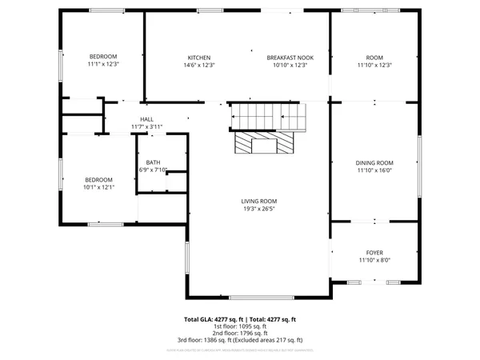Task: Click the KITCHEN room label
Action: (x=199, y=58)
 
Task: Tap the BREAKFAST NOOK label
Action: (x=290, y=58)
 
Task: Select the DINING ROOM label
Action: (x=374, y=162)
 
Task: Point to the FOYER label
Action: (x=374, y=252)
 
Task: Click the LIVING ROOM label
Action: (x=259, y=201)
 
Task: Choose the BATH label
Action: (x=153, y=162)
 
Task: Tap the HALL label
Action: (x=146, y=119)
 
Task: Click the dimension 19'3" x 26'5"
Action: (x=259, y=209)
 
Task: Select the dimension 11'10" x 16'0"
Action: (x=374, y=170)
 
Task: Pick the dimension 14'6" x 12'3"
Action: (x=199, y=66)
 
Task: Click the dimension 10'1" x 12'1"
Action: (x=99, y=187)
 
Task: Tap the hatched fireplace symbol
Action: (x=265, y=144)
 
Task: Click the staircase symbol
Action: (x=269, y=117)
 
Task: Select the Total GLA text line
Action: (x=240, y=319)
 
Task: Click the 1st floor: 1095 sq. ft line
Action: (x=240, y=326)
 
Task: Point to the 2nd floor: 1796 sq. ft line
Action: (x=240, y=334)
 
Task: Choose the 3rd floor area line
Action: (x=240, y=341)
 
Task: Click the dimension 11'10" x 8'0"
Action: (x=374, y=260)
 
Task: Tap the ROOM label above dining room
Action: (x=374, y=58)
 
